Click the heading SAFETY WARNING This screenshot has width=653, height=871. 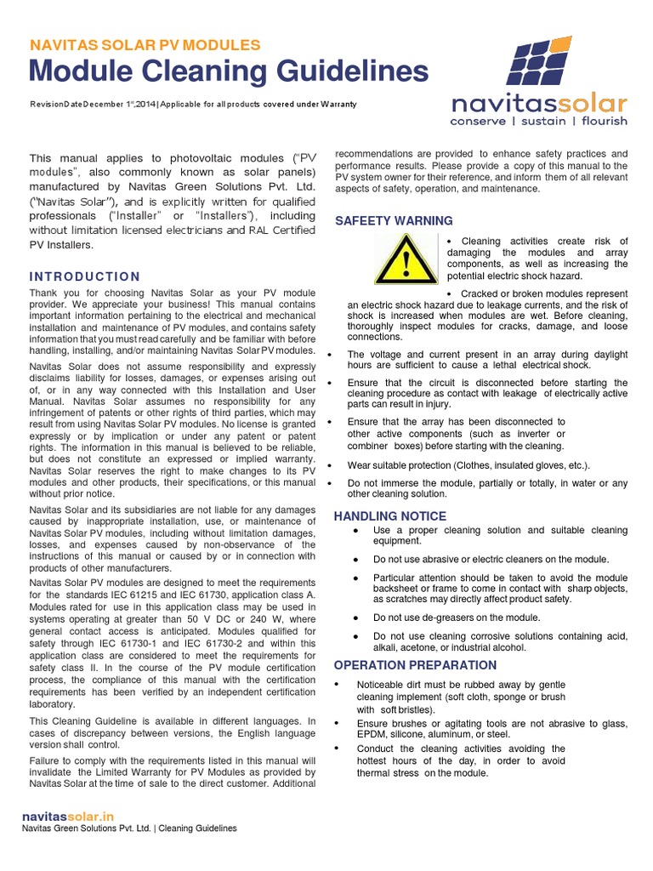[382, 221]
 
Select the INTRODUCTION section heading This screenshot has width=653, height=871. [85, 276]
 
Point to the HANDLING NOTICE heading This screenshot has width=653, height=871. [389, 516]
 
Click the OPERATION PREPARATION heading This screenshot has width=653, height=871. [415, 665]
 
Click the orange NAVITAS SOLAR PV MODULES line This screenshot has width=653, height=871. [145, 45]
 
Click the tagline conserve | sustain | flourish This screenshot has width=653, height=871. [539, 121]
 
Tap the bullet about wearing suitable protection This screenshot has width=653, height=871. [468, 465]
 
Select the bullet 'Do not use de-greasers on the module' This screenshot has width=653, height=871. [457, 618]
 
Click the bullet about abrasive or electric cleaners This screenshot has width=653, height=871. [491, 559]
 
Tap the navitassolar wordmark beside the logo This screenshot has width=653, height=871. [539, 104]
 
